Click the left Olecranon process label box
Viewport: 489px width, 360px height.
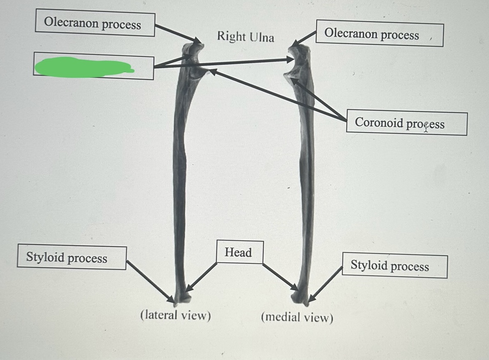(x=95, y=24)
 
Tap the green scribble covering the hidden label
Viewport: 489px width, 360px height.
(x=82, y=67)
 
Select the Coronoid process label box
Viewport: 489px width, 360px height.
(x=406, y=124)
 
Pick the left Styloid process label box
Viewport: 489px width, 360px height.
(x=71, y=258)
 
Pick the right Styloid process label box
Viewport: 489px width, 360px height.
(x=394, y=266)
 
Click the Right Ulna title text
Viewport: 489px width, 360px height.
(x=246, y=37)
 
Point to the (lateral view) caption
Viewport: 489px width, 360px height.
(x=175, y=315)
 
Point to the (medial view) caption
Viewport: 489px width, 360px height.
(x=297, y=317)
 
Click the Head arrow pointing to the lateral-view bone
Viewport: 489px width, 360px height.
(x=202, y=277)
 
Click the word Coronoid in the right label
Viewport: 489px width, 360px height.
(x=379, y=122)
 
